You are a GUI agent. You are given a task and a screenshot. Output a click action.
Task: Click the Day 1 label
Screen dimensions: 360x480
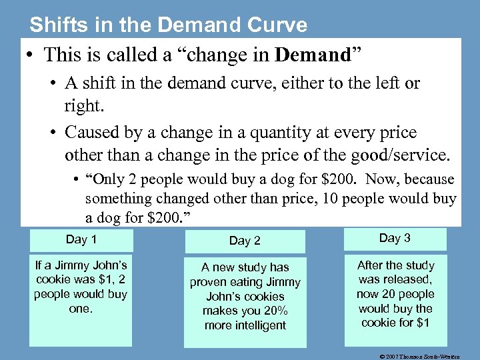click(81, 239)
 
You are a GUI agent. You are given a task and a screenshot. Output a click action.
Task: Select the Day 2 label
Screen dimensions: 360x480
click(245, 241)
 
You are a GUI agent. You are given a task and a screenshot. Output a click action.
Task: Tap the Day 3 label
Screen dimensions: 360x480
click(395, 238)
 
